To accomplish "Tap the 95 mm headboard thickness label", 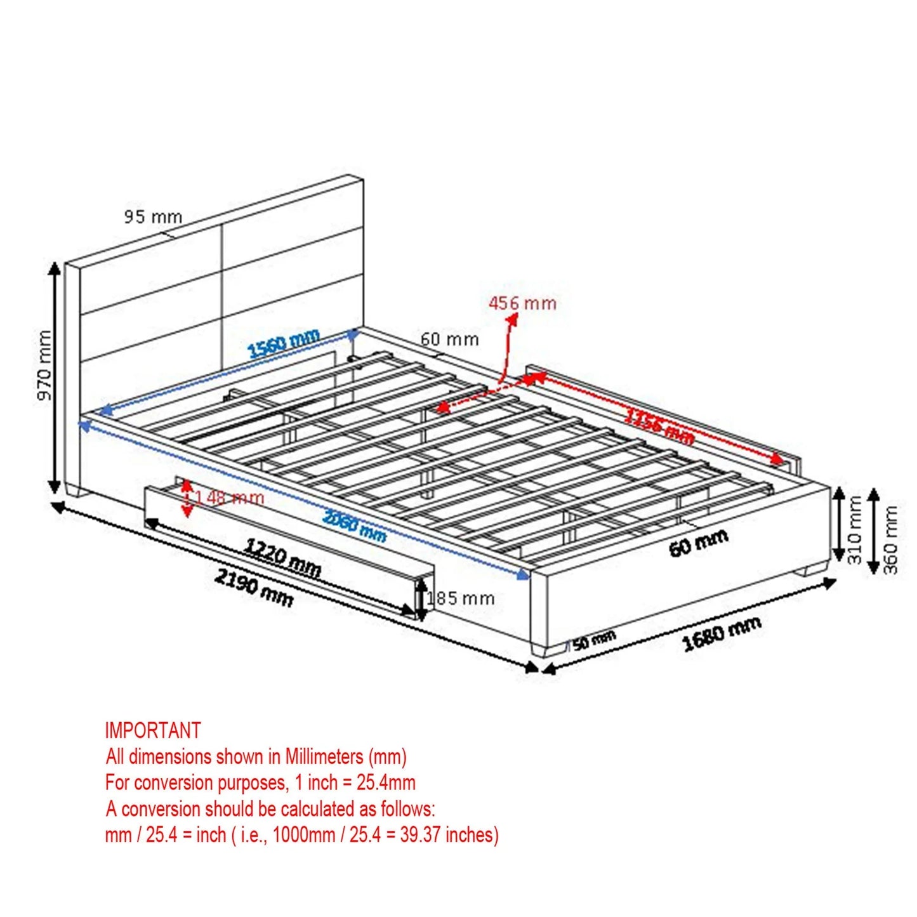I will [x=153, y=217].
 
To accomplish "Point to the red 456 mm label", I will [x=522, y=303].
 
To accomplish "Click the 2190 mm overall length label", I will [x=254, y=587].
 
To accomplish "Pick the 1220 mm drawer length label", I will [x=283, y=557].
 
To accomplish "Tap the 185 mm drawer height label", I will [x=461, y=598].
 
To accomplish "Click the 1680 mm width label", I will [x=722, y=633].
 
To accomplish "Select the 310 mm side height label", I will [x=855, y=530].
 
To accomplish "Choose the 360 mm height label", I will [x=891, y=539].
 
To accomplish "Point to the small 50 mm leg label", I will [x=594, y=640].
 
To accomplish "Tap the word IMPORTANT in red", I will [x=153, y=730].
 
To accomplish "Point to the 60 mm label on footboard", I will [x=698, y=543].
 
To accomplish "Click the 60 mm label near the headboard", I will [x=449, y=340].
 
